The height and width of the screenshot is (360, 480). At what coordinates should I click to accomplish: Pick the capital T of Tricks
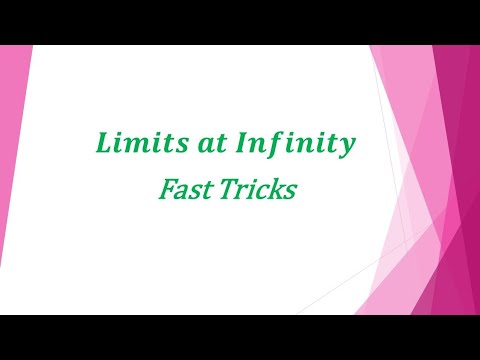point(231,189)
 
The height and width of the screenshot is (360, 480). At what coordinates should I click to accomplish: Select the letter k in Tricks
point(275,189)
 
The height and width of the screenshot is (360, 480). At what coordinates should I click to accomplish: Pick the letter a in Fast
point(184,191)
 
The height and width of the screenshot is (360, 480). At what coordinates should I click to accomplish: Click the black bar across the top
point(240,22)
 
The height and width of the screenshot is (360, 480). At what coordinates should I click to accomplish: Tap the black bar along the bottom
point(240,337)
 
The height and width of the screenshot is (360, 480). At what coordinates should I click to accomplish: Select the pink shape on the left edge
point(14,180)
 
